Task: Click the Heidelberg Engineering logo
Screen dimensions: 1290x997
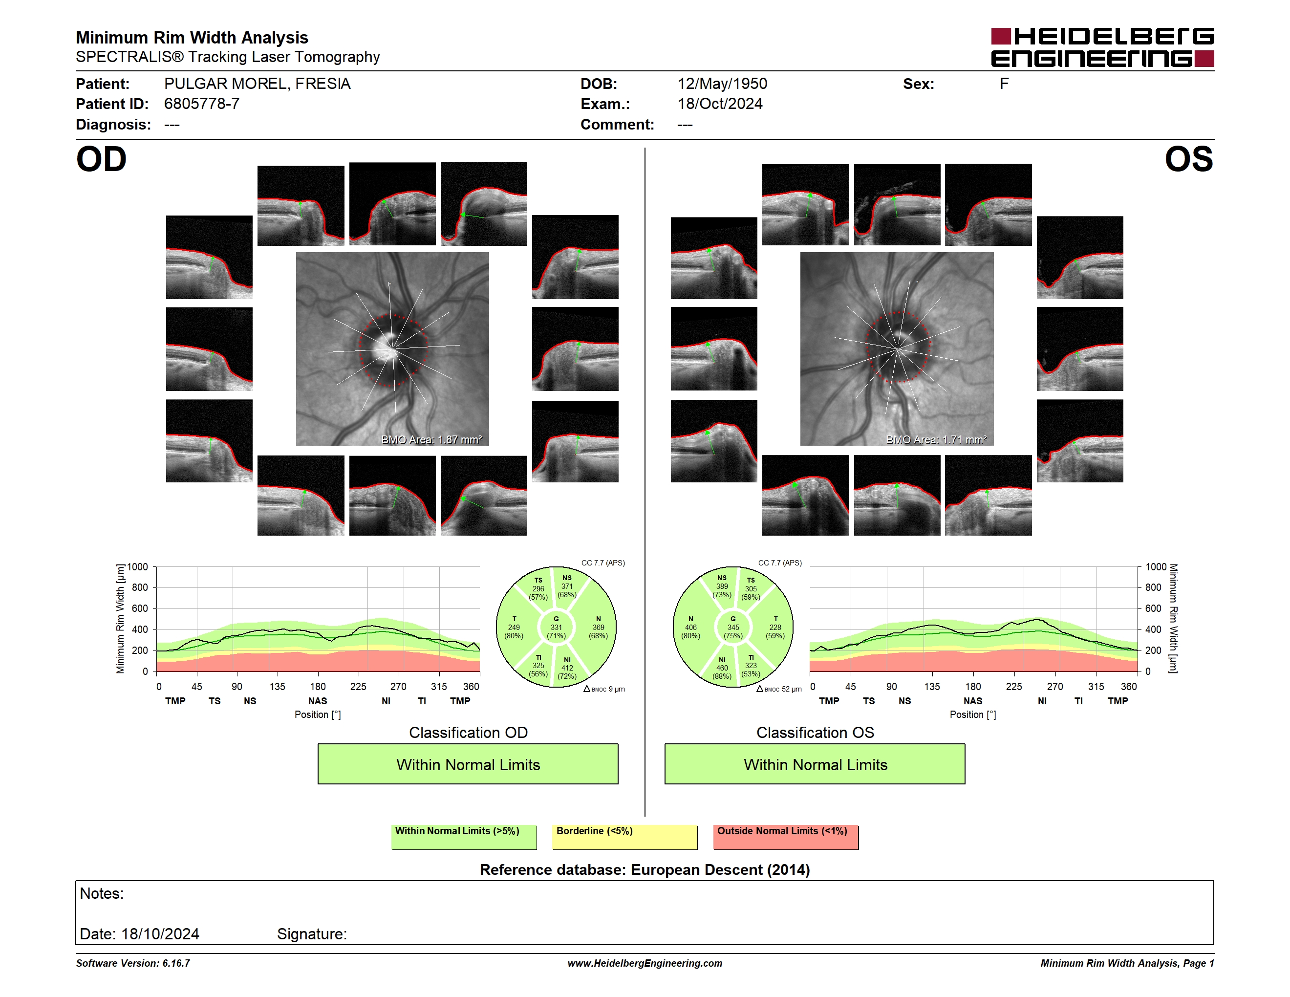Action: click(1102, 47)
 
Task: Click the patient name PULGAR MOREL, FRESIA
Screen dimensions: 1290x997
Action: click(257, 84)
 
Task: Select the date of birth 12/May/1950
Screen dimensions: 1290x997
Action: click(722, 84)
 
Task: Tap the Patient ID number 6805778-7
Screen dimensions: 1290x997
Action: click(201, 104)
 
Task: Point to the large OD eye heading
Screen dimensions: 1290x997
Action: click(101, 159)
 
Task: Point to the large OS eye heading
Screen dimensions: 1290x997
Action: click(1188, 159)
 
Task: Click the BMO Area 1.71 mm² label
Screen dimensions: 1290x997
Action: click(936, 439)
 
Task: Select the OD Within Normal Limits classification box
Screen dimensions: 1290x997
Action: click(468, 764)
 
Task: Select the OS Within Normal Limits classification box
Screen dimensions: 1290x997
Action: click(815, 764)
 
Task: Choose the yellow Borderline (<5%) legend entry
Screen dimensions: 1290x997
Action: click(625, 837)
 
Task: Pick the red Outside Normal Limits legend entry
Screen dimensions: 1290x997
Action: click(786, 837)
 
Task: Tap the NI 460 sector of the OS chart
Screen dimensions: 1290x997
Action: click(722, 668)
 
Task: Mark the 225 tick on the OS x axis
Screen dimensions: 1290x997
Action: click(1013, 686)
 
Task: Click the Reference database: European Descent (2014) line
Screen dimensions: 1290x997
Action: click(645, 869)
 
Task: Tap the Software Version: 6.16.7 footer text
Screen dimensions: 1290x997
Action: click(133, 963)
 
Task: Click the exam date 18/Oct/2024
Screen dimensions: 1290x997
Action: click(719, 104)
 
